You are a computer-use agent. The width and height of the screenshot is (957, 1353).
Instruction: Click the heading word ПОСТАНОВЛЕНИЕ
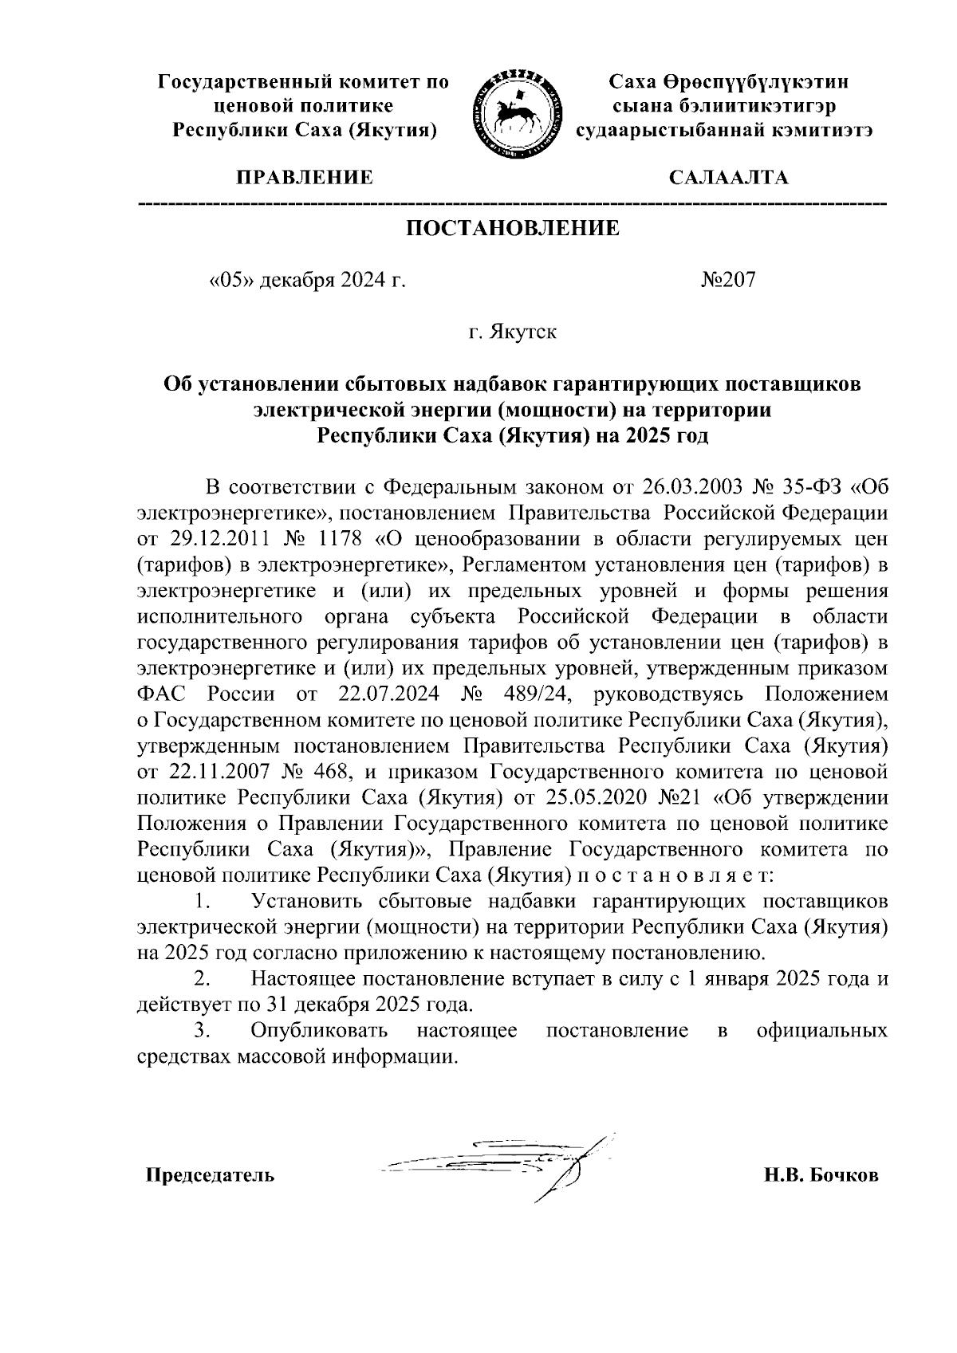click(513, 229)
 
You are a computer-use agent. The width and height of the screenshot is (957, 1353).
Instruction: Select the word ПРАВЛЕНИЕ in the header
click(302, 177)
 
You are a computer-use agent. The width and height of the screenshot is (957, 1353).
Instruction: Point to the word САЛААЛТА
click(728, 177)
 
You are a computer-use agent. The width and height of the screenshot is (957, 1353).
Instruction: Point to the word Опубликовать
click(319, 1031)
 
